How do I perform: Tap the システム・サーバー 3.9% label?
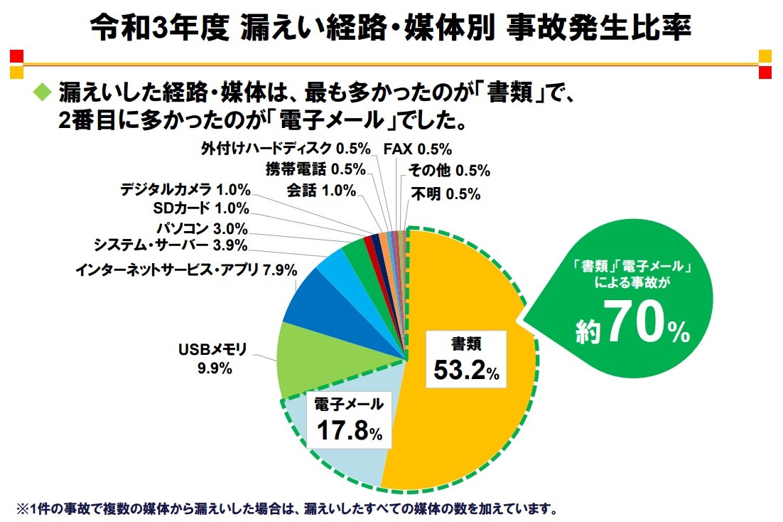point(171,245)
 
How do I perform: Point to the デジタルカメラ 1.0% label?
point(185,189)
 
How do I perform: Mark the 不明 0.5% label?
point(445,193)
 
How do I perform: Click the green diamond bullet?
point(43,90)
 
